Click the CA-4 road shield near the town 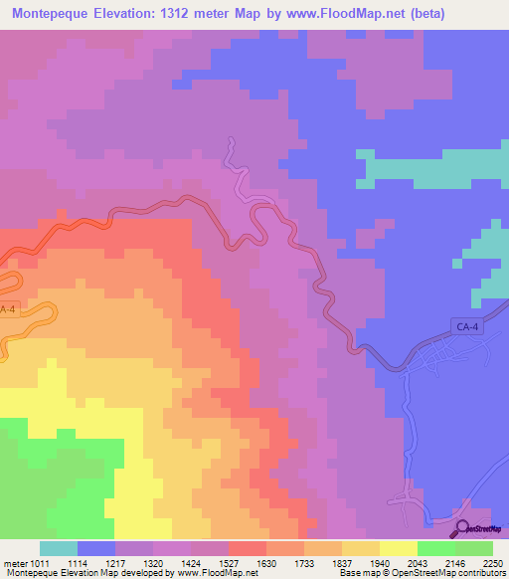(x=466, y=325)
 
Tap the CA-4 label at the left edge (x=8, y=309)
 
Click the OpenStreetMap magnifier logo (x=463, y=528)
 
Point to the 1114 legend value (x=80, y=562)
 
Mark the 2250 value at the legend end (x=493, y=562)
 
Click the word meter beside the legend (x=13, y=562)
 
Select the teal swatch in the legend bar (x=59, y=548)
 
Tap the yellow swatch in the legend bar (x=399, y=548)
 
